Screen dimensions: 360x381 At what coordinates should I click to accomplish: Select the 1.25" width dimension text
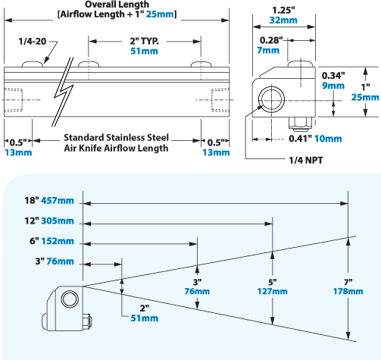pyautogui.click(x=284, y=9)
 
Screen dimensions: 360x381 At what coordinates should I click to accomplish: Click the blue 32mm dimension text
pyautogui.click(x=284, y=21)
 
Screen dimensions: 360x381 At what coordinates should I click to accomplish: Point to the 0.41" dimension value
pyautogui.click(x=299, y=139)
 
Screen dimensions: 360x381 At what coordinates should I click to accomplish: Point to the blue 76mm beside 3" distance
pyautogui.click(x=61, y=261)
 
